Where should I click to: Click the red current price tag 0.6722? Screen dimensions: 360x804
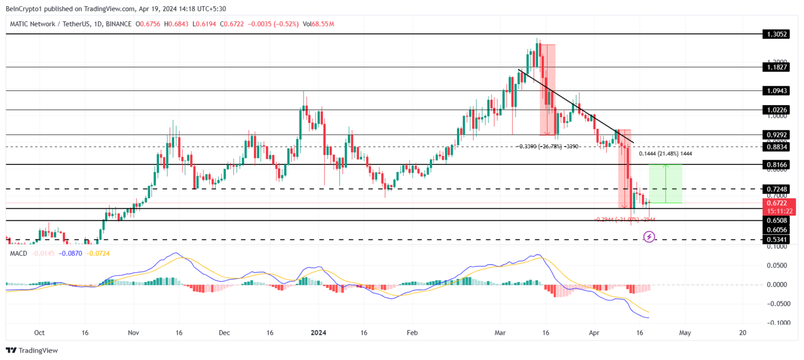pos(778,203)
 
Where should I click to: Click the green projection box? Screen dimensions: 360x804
pos(665,183)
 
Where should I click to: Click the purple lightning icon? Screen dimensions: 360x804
pos(649,237)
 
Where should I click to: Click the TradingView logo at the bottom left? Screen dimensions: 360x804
pos(32,351)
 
